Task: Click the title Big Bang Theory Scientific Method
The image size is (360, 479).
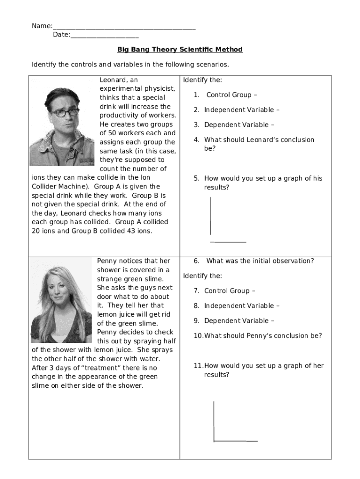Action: [180, 50]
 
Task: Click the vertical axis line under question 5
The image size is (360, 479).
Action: [210, 216]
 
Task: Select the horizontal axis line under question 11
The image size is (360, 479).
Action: [236, 441]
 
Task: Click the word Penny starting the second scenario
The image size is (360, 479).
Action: [107, 261]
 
